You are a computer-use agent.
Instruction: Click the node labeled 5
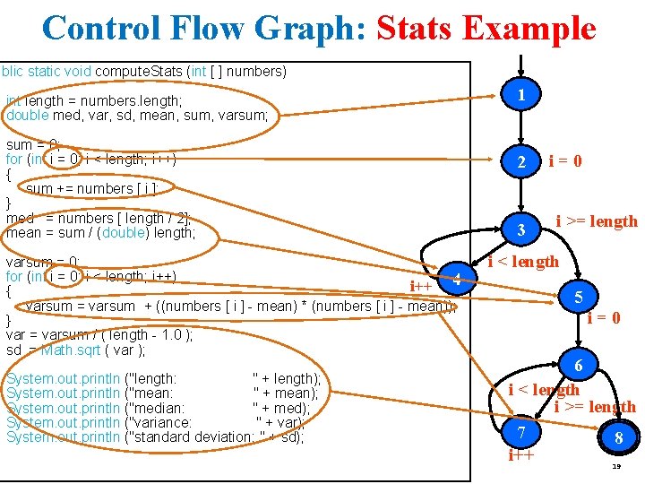[579, 297]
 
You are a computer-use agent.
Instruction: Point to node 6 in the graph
[579, 366]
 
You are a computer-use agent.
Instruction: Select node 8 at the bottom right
[617, 439]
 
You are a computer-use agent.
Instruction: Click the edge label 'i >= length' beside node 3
[597, 220]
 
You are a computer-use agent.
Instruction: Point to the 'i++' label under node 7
[520, 455]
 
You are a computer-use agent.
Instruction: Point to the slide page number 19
[616, 467]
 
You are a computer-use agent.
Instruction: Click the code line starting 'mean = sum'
[100, 233]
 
